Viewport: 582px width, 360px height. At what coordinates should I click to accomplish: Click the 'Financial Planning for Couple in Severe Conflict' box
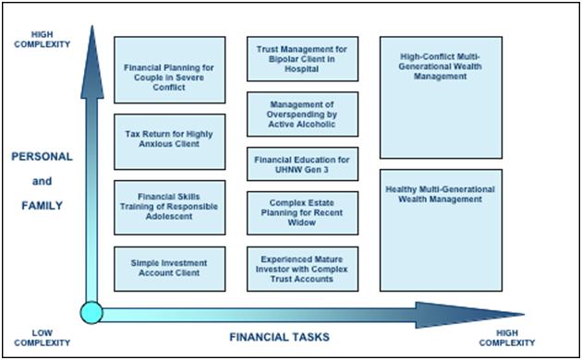coord(170,70)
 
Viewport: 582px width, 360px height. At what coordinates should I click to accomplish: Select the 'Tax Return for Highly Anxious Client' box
coord(170,141)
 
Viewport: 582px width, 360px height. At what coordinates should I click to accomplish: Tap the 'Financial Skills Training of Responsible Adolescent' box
coord(170,208)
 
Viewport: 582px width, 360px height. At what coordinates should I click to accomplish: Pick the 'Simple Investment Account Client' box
coord(170,269)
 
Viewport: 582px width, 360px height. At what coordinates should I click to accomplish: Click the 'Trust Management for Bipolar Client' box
coord(302,58)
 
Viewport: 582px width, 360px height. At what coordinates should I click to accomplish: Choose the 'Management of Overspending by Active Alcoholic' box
coord(302,114)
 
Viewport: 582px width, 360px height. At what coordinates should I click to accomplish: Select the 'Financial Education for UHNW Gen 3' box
coord(302,164)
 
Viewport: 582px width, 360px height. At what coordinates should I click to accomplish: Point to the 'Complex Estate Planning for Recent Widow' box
coord(302,213)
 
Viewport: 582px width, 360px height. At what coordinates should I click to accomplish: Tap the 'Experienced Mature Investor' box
coord(302,269)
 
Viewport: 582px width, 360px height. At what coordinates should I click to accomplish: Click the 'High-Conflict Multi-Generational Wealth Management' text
coord(441,66)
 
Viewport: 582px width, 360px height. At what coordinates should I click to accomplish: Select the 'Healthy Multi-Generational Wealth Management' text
coord(441,194)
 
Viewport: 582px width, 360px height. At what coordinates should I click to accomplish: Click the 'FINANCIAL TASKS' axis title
coord(280,337)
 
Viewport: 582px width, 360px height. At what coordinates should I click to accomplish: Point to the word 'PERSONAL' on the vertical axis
coord(42,156)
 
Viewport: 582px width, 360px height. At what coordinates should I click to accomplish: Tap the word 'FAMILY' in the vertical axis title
coord(42,206)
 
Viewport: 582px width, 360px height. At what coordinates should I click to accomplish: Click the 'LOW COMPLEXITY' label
coord(42,338)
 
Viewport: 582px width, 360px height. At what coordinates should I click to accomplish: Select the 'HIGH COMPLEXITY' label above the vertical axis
coord(42,40)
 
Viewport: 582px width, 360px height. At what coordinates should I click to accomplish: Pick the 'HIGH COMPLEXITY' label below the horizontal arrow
coord(507,338)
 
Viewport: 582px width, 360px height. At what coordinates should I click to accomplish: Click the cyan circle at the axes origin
coord(91,313)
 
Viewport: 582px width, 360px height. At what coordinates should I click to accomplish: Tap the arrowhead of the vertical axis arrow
coord(92,62)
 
